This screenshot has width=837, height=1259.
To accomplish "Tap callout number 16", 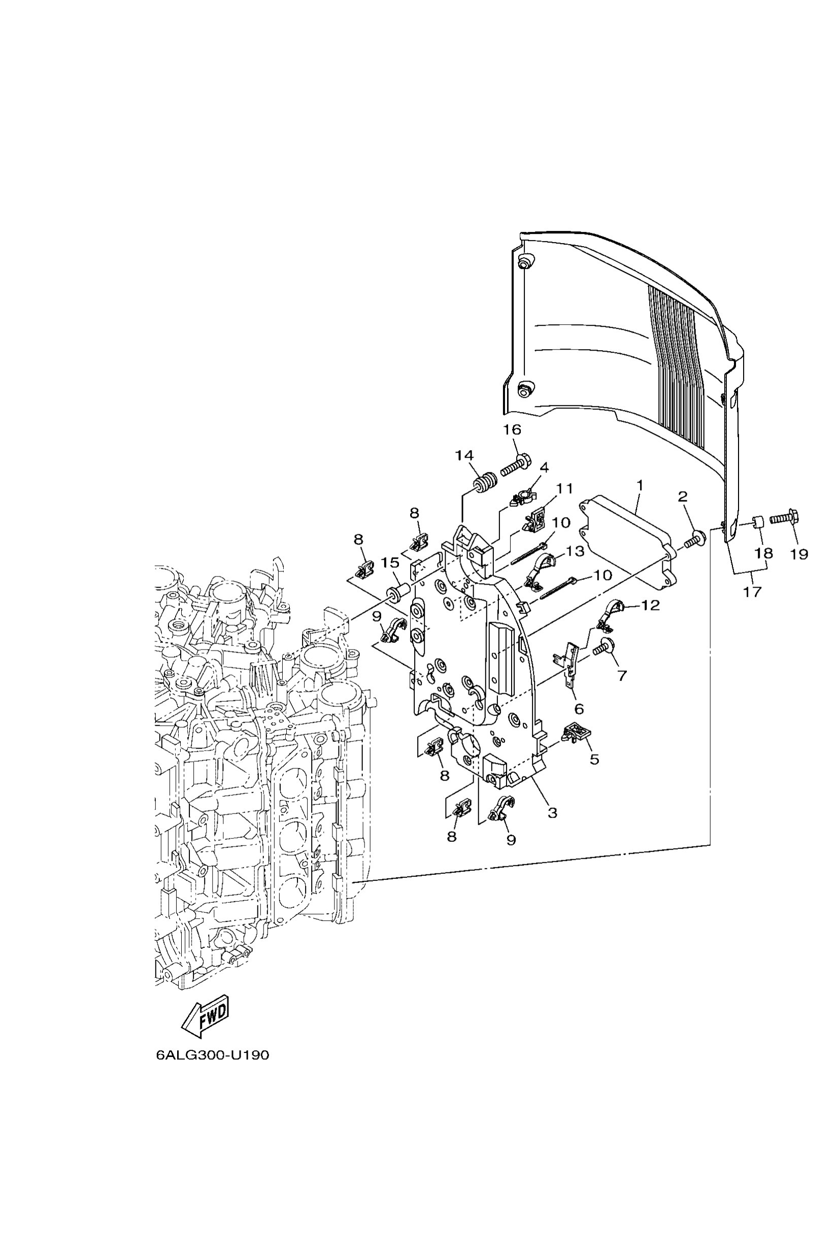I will click(x=511, y=430).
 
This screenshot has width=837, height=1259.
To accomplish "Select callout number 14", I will click(x=464, y=455).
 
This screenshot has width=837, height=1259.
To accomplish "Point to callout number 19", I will click(x=798, y=554).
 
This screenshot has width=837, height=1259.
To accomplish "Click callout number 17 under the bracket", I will click(x=752, y=591).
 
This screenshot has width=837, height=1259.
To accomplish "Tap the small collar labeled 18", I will click(x=757, y=522).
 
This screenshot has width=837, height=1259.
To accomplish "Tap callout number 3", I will click(x=552, y=813).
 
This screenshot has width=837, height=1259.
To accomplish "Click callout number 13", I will click(x=575, y=551).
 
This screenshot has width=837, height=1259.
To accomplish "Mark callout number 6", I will click(x=579, y=709).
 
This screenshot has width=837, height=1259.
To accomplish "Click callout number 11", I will click(x=564, y=488).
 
